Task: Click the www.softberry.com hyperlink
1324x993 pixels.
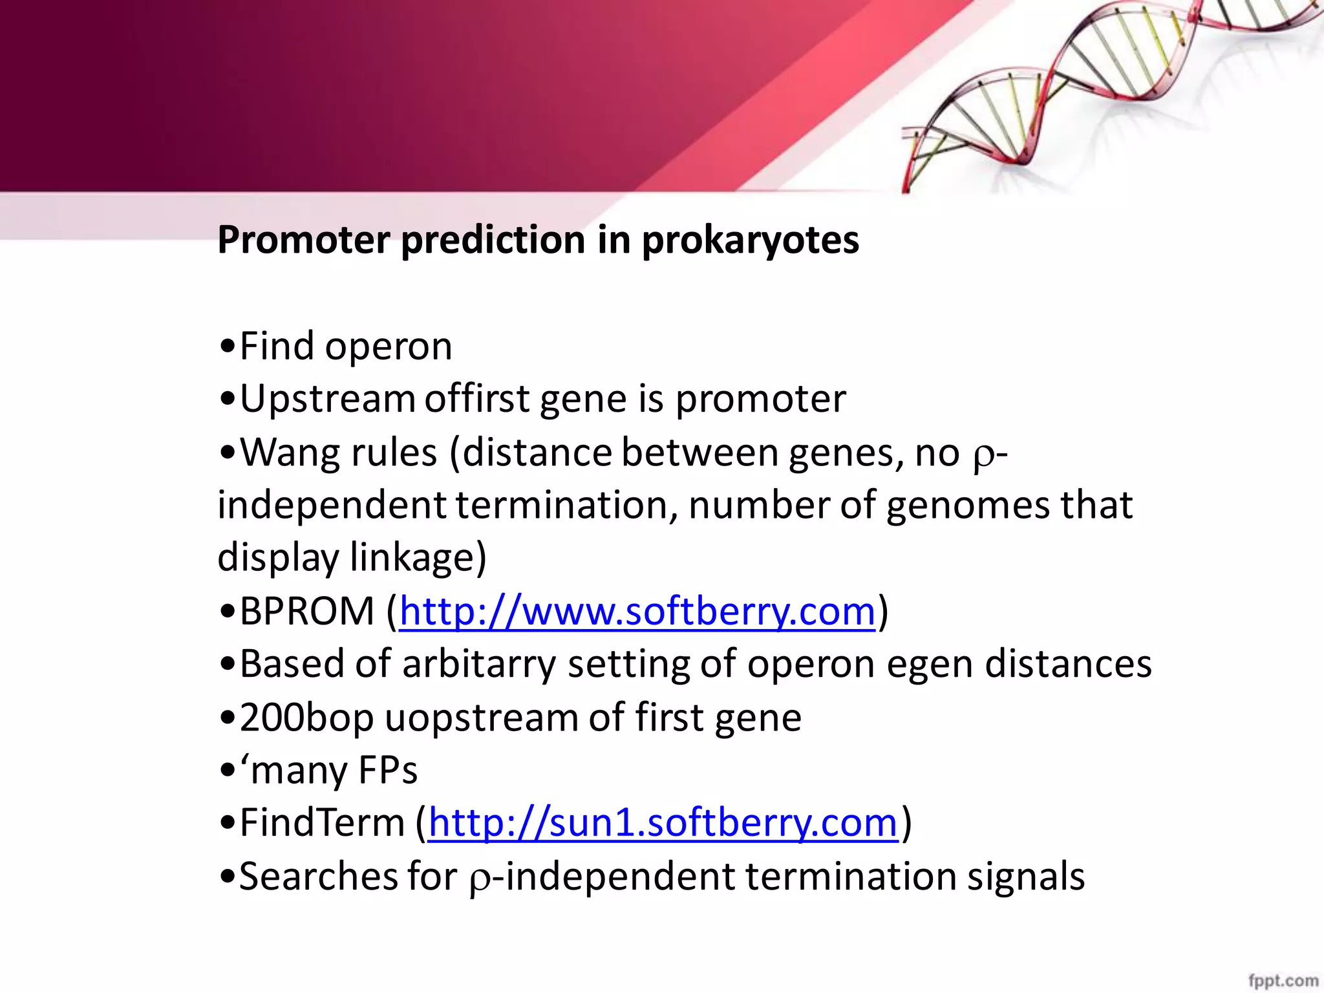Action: tap(637, 611)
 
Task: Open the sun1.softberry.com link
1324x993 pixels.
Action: tap(663, 823)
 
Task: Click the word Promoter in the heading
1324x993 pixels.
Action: tap(304, 240)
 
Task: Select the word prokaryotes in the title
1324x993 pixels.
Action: tap(750, 240)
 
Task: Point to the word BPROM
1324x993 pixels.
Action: tap(307, 611)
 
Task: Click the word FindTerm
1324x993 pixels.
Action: tap(322, 823)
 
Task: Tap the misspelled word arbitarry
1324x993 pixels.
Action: tap(478, 664)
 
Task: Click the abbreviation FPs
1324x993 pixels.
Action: tap(388, 770)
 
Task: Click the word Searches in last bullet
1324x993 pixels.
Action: tap(317, 877)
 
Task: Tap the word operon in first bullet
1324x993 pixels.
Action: tap(388, 347)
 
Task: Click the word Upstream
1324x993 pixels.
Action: tap(327, 399)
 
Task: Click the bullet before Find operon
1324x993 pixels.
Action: tap(227, 347)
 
